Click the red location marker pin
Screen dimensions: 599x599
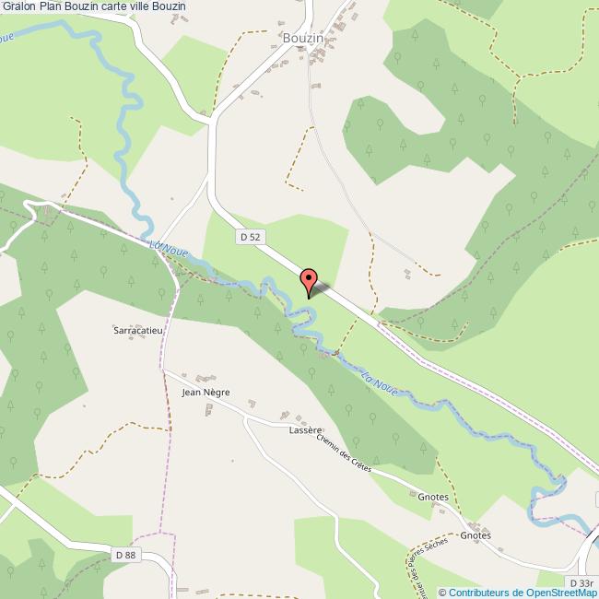[x=309, y=280]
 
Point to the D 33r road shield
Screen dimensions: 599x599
[x=581, y=583]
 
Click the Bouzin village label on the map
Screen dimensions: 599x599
[x=303, y=38]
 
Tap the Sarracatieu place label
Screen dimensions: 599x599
[x=137, y=328]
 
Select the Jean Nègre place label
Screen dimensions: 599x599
[x=206, y=392]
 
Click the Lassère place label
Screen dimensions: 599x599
[x=305, y=429]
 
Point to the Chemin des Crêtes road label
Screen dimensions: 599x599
[x=343, y=454]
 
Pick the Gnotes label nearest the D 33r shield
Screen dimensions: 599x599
[x=476, y=534]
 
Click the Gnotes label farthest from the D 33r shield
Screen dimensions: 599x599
[x=432, y=497]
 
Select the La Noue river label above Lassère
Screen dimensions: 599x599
[x=380, y=382]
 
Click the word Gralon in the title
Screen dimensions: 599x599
[x=19, y=6]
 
